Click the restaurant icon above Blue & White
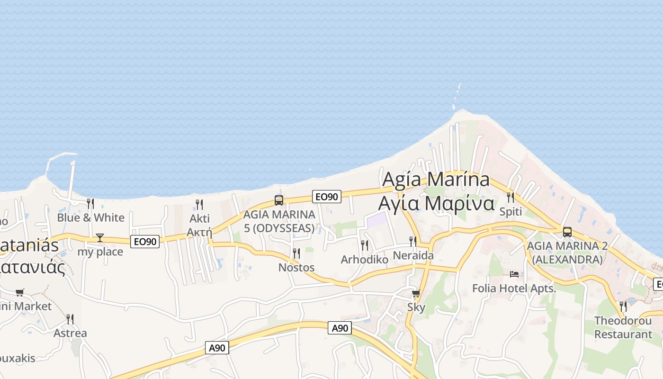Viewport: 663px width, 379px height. (90, 204)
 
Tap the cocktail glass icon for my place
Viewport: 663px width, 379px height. (100, 237)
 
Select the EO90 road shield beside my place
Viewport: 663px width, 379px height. (145, 242)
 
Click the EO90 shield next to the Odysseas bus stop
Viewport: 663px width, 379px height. (327, 197)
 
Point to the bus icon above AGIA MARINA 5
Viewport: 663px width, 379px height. (279, 200)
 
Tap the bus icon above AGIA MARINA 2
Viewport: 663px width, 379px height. (567, 232)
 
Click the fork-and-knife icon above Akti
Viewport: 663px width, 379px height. (199, 205)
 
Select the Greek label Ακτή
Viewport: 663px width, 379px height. (199, 232)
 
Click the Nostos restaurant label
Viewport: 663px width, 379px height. (296, 268)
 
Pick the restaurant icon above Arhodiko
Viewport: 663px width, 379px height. (364, 245)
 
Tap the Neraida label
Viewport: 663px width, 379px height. (413, 256)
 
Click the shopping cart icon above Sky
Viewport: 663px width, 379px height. (416, 294)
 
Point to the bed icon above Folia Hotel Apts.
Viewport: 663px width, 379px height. (514, 274)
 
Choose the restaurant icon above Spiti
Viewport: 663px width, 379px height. (511, 197)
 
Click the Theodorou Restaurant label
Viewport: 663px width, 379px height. (623, 327)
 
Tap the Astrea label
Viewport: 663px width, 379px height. (70, 333)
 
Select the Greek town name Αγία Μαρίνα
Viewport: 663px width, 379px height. (436, 203)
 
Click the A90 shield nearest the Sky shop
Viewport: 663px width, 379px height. (340, 328)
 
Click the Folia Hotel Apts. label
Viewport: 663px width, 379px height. (514, 288)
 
